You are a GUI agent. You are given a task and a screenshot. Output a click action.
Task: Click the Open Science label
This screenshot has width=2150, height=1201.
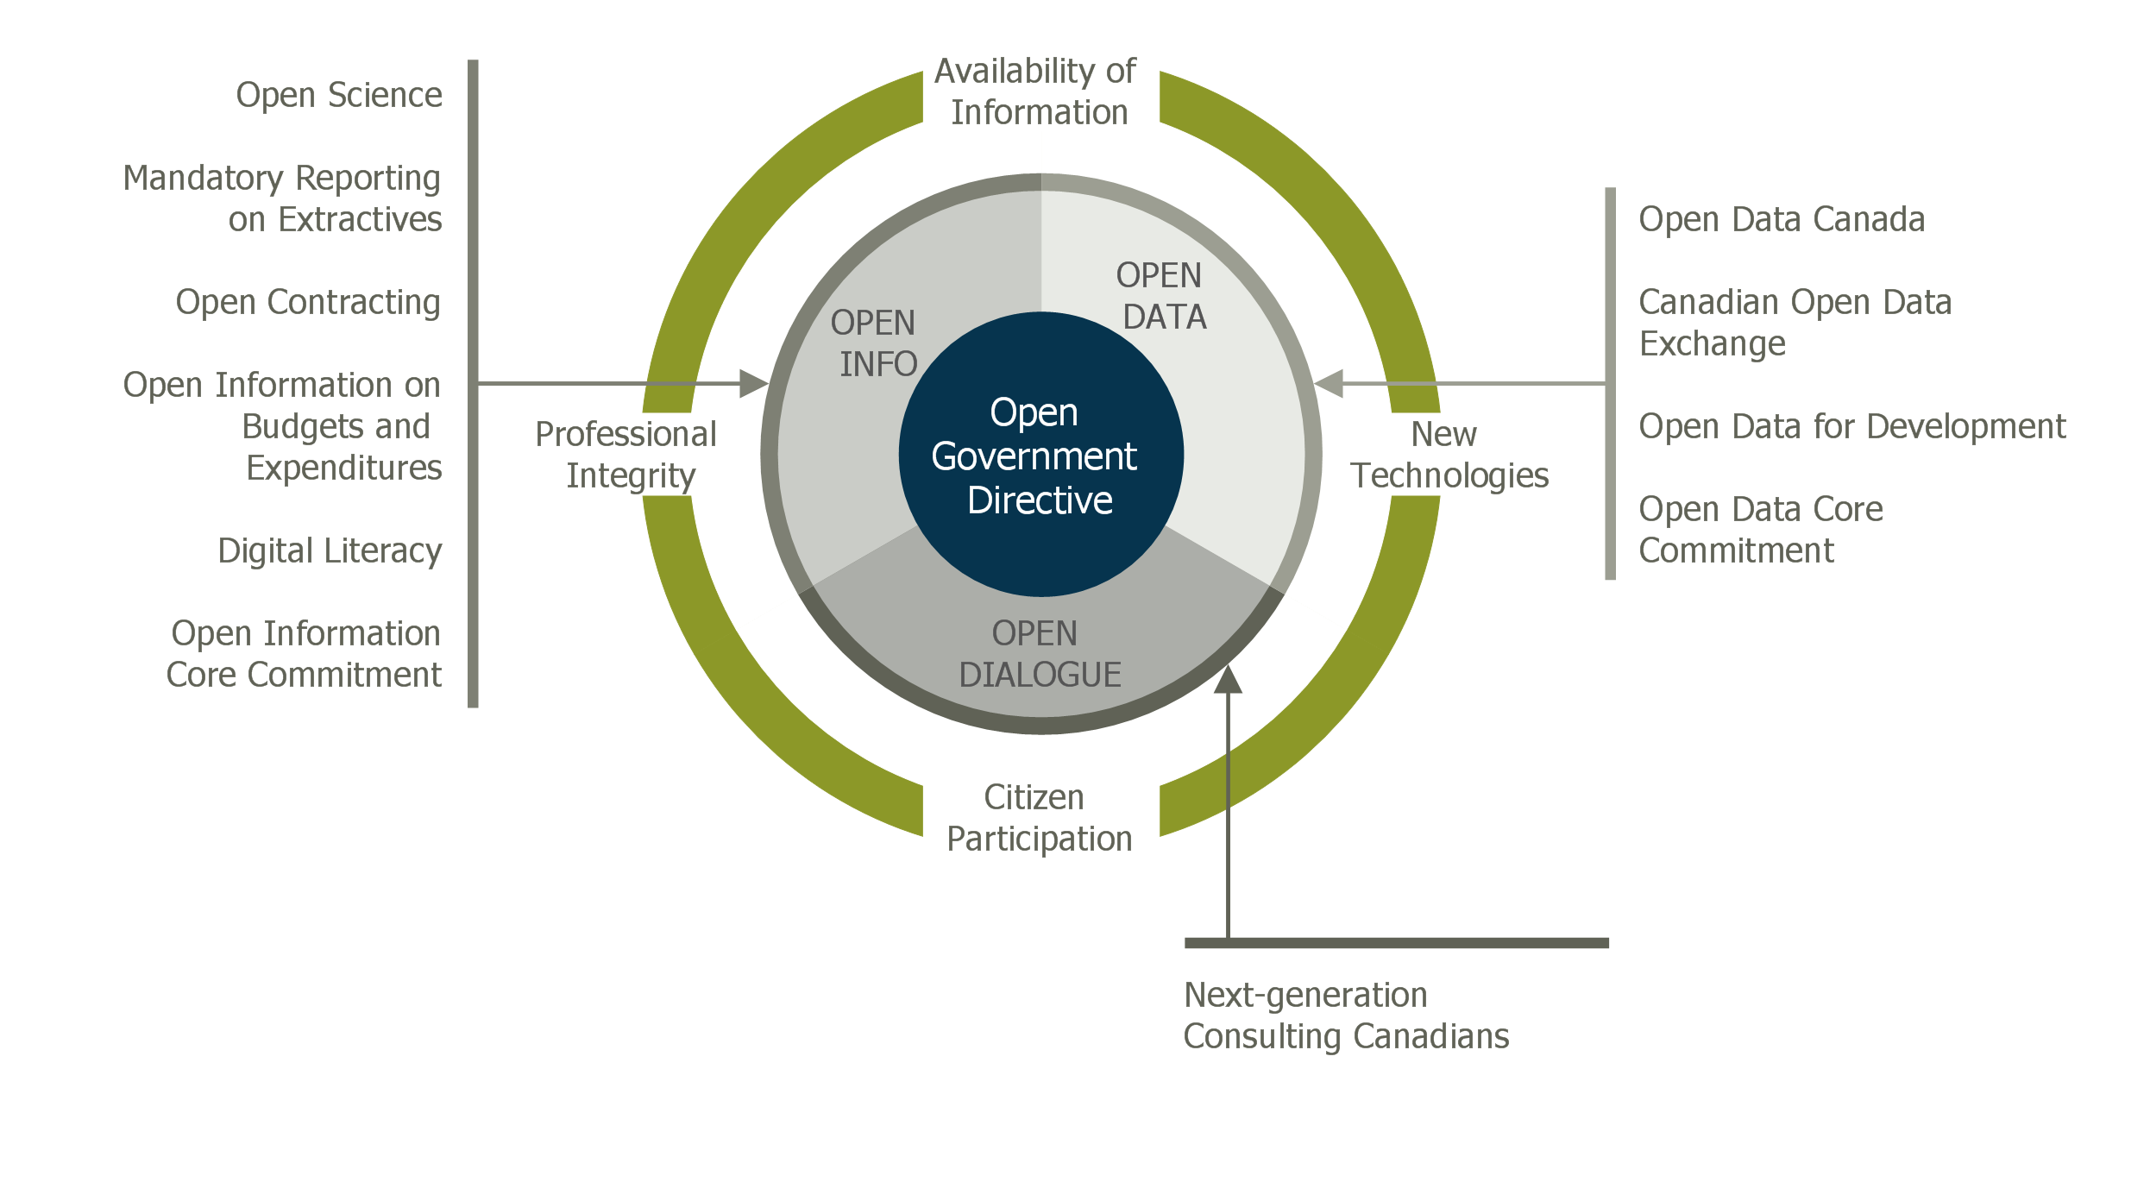point(338,95)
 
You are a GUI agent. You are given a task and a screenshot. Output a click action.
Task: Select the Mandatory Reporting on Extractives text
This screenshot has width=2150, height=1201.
point(282,198)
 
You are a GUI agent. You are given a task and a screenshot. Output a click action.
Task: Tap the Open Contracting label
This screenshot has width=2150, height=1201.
point(308,302)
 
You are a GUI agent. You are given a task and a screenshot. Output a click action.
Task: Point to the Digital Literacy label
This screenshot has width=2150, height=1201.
point(330,550)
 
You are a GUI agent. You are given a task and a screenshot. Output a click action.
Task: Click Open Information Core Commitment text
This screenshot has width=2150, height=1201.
point(305,654)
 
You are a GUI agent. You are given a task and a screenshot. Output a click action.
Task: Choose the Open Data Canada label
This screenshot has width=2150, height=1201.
point(1782,219)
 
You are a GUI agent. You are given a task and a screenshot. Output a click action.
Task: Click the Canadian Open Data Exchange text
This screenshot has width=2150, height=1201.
point(1795,323)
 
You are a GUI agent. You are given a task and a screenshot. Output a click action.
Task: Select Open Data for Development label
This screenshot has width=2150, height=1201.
point(1852,426)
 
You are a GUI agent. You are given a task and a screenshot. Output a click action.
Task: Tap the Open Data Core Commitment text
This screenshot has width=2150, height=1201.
point(1760,530)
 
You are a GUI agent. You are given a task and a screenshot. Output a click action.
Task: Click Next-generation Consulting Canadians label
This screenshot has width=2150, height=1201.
point(1346,1016)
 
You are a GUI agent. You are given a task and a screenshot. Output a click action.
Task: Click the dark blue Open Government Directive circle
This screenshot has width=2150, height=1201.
point(1040,455)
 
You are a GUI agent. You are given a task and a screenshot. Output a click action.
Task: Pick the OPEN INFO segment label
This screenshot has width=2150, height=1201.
point(874,343)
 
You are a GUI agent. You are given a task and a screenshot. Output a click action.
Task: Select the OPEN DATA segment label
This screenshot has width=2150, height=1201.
point(1160,296)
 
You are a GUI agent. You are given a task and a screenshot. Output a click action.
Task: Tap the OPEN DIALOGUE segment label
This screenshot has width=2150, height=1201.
point(1039,654)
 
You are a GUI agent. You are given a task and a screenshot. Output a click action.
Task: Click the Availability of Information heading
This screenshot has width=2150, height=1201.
point(1037,91)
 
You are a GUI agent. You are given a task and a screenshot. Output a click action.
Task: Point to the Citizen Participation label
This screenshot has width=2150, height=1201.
point(1038,818)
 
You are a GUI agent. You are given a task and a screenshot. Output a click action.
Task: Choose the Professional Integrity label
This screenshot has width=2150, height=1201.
point(627,455)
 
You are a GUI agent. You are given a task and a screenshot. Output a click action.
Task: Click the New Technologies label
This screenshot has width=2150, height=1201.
point(1449,455)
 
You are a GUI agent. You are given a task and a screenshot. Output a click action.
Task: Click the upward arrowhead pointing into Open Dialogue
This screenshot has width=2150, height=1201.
point(1228,680)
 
